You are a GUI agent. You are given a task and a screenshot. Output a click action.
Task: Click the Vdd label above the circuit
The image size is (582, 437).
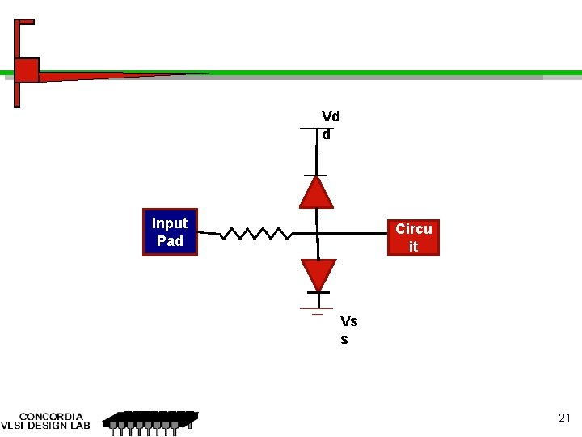[331, 125]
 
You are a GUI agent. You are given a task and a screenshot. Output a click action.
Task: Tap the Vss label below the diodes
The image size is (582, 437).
[348, 330]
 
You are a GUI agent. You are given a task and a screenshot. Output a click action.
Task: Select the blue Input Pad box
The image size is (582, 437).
[170, 232]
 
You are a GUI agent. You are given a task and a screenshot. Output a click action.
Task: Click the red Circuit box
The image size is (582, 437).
[413, 237]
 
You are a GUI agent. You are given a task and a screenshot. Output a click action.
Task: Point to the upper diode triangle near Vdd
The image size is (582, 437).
[316, 193]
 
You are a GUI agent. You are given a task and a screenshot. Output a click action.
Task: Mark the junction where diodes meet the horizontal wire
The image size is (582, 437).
[317, 234]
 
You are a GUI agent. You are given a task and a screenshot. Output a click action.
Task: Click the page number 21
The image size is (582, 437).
[564, 418]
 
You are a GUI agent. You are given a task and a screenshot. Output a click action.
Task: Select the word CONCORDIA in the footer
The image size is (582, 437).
[51, 417]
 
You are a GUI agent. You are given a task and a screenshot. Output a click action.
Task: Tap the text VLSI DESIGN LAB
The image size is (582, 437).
[45, 426]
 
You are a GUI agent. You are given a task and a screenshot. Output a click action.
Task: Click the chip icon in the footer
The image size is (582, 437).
[151, 420]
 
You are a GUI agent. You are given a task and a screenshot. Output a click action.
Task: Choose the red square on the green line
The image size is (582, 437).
[27, 70]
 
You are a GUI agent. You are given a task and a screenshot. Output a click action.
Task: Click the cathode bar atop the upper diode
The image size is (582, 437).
[315, 175]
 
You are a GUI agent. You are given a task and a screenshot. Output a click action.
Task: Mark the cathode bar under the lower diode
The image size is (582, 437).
[318, 292]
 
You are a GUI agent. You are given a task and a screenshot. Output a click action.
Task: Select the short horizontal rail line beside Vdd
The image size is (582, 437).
[309, 129]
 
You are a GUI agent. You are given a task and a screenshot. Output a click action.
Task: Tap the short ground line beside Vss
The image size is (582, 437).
[311, 309]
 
